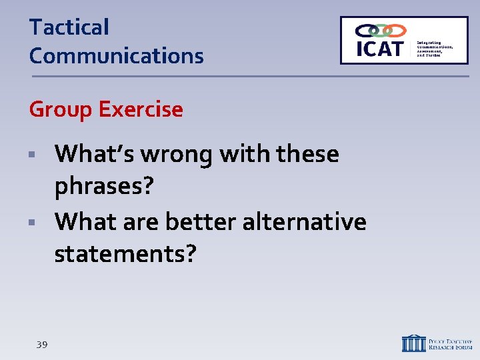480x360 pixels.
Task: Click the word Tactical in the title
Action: (x=69, y=28)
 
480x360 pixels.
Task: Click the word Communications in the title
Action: (x=116, y=56)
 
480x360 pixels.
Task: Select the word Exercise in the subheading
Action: (x=141, y=109)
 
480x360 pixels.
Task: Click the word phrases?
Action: (x=104, y=187)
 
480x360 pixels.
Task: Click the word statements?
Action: (x=125, y=253)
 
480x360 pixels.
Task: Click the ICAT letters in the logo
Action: (x=380, y=48)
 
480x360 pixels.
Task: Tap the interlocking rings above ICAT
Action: (x=380, y=31)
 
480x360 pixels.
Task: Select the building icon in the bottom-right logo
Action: (x=413, y=343)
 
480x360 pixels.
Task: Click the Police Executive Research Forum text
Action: (x=451, y=343)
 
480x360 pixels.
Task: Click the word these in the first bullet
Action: (x=308, y=155)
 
